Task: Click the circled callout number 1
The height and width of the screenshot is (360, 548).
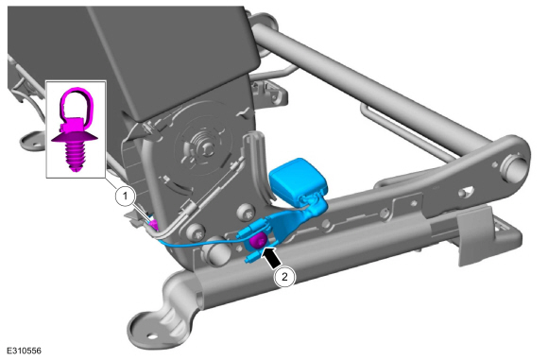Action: (125, 197)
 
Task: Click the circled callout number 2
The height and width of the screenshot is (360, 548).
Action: (284, 277)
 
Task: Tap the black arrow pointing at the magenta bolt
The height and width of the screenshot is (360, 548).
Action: (271, 257)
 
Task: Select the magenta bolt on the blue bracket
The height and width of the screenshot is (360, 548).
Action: (258, 241)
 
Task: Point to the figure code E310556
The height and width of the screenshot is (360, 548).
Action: (25, 351)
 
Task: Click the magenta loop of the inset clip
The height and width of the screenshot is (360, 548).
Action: (77, 102)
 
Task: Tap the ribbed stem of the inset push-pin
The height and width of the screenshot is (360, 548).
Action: (75, 156)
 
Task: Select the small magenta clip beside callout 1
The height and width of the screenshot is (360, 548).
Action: (153, 225)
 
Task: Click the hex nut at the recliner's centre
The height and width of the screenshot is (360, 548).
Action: (207, 147)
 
